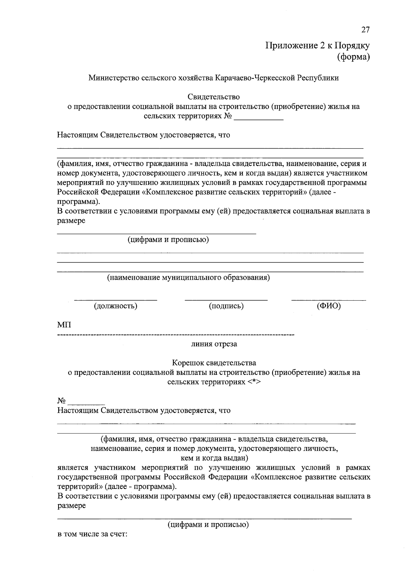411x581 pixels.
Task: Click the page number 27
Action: (365, 30)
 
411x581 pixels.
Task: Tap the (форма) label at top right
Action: (353, 57)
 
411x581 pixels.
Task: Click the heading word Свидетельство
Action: (214, 97)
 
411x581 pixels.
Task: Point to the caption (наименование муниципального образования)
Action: (189, 277)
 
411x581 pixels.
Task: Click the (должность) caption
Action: (116, 306)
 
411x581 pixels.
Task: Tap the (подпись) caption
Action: (226, 306)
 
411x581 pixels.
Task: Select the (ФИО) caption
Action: (329, 306)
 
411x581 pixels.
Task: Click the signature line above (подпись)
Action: (226, 300)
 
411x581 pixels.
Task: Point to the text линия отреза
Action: (214, 344)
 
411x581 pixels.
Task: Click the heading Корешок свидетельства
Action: (214, 363)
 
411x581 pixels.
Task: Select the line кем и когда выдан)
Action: (214, 458)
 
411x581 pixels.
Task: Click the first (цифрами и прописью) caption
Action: (169, 240)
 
